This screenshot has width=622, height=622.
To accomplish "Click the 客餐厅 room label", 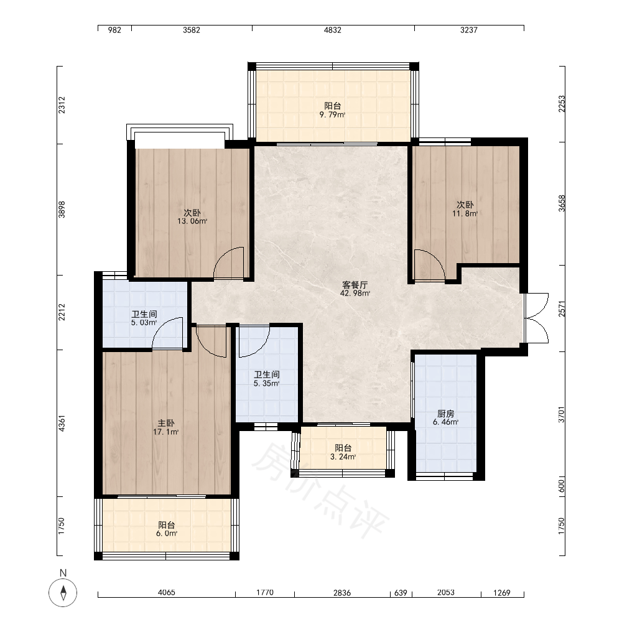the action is coord(355,285).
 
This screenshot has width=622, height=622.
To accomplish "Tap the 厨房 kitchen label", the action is coord(445,414).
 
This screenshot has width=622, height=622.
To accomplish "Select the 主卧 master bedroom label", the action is coord(166,423).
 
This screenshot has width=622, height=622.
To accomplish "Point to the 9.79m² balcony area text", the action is coord(332,114).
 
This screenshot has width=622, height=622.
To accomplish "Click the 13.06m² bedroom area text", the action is coord(192,221).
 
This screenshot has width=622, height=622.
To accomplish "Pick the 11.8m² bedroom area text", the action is coord(465,213).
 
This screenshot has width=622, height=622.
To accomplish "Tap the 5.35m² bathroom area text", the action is coord(267,383).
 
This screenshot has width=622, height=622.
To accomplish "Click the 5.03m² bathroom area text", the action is coord(144,322).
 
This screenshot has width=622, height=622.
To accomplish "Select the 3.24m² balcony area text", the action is coord(343,457).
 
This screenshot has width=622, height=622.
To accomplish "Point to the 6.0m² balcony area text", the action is coord(166,534).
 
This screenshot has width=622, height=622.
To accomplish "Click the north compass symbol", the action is coord(63,593).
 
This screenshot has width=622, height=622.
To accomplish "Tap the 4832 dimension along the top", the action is coord(332,30).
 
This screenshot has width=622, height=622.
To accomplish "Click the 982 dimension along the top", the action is coord(114,30).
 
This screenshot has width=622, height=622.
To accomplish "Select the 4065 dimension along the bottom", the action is coord(166,593).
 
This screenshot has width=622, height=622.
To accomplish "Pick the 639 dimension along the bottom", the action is coord(401,593).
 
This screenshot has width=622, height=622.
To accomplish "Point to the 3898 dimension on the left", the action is coord(62,210).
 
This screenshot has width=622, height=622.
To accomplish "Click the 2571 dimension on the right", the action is coord(562,309).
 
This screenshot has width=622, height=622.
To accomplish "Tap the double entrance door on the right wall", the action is coord(536,318).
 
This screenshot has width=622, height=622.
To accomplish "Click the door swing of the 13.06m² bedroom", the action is coord(228,262).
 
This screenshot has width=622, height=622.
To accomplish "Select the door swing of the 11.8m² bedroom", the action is coord(430,265).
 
